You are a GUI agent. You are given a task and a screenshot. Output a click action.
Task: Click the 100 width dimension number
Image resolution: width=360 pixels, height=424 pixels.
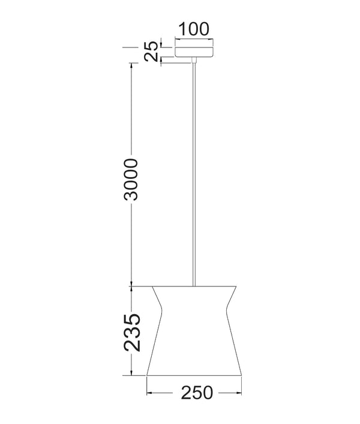193,28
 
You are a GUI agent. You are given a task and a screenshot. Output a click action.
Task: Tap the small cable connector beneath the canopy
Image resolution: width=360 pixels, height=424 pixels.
193,60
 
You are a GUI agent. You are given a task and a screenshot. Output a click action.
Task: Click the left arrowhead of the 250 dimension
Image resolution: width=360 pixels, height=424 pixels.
150,392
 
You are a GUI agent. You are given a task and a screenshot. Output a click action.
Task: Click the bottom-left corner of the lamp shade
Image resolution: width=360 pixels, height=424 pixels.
148,375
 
